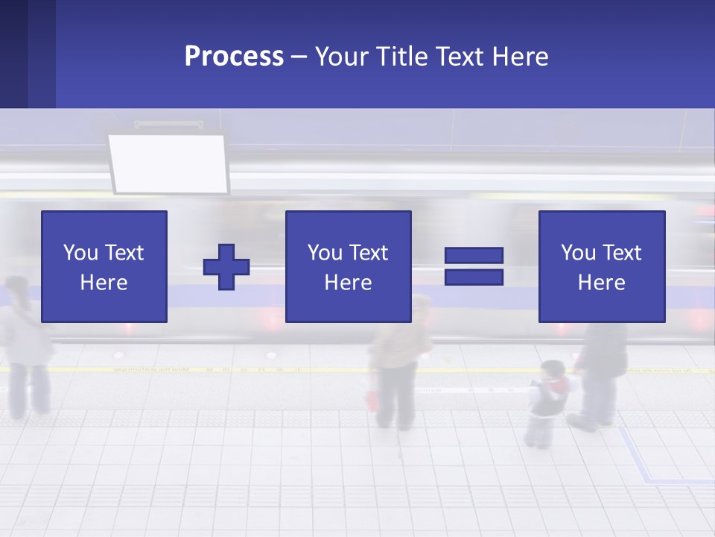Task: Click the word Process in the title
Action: (x=234, y=57)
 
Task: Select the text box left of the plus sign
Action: (x=104, y=267)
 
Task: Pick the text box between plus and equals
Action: (x=348, y=267)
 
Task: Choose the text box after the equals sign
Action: (x=601, y=267)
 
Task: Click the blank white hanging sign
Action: (x=168, y=163)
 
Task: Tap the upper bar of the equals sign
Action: (x=474, y=256)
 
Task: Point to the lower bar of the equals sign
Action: (x=474, y=277)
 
